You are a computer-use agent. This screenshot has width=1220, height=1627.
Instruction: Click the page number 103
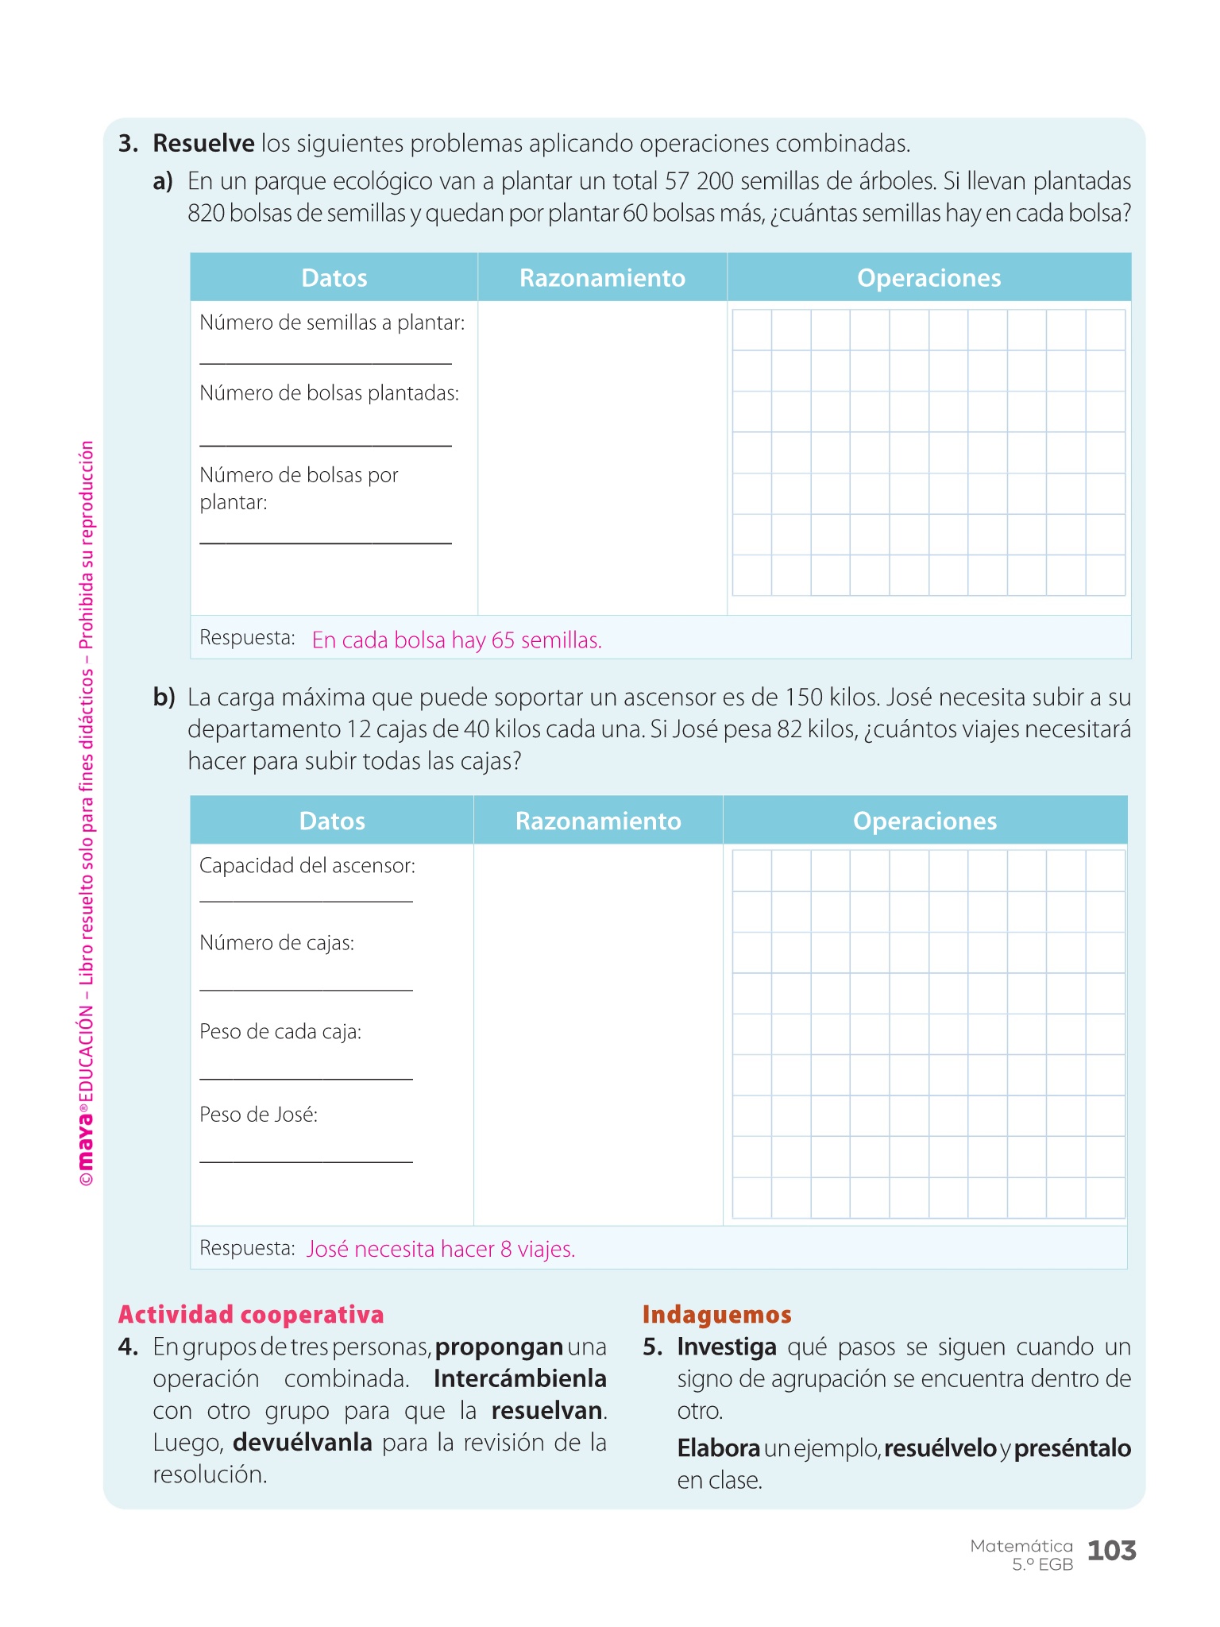[x=1111, y=1550]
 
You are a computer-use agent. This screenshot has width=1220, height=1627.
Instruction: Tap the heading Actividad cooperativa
[x=251, y=1315]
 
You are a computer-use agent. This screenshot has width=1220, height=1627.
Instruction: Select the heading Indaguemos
[x=716, y=1315]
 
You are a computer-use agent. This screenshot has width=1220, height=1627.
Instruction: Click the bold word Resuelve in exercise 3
[x=203, y=144]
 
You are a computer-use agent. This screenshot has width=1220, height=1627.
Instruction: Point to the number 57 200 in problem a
[x=699, y=182]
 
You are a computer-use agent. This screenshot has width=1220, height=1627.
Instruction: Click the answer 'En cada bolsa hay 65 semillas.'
[x=457, y=640]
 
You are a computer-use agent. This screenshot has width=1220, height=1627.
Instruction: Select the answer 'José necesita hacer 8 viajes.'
[x=441, y=1250]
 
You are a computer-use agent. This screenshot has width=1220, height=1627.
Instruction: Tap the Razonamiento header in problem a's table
[x=602, y=278]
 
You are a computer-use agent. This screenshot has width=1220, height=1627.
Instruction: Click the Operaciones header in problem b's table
[x=925, y=821]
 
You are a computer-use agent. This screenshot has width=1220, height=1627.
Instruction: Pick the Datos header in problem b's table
[x=332, y=821]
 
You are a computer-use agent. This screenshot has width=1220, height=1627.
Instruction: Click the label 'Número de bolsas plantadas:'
[x=329, y=393]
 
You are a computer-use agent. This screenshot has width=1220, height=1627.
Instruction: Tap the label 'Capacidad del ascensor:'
[x=307, y=866]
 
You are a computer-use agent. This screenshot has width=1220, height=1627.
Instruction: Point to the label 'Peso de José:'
[x=259, y=1115]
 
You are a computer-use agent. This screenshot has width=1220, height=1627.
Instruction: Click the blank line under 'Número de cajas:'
[x=306, y=989]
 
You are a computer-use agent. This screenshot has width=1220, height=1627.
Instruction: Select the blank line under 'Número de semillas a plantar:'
[x=326, y=363]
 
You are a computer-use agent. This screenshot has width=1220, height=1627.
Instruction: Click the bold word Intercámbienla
[x=520, y=1379]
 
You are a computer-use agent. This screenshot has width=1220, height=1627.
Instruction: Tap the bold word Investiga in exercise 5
[x=727, y=1347]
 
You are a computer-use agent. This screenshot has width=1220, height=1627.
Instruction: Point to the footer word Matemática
[x=1021, y=1546]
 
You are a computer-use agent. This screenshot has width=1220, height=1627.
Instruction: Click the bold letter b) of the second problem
[x=164, y=698]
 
